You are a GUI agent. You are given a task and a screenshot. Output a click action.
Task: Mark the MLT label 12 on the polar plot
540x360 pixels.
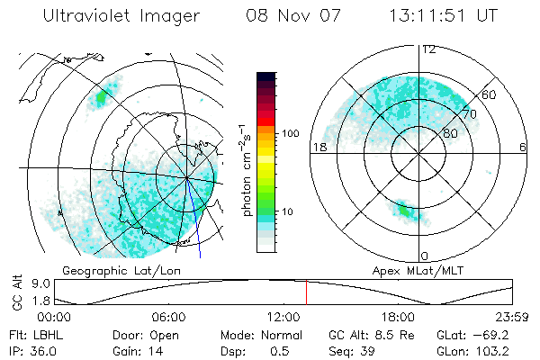point(429,49)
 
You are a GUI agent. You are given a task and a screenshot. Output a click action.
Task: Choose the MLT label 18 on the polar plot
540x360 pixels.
point(318,146)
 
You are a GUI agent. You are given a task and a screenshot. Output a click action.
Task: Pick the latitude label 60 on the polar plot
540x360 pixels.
point(490,94)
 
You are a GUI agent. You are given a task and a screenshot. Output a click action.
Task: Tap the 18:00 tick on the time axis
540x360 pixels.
point(398,317)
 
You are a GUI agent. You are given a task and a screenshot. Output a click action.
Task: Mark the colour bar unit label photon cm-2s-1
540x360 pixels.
point(246,168)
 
